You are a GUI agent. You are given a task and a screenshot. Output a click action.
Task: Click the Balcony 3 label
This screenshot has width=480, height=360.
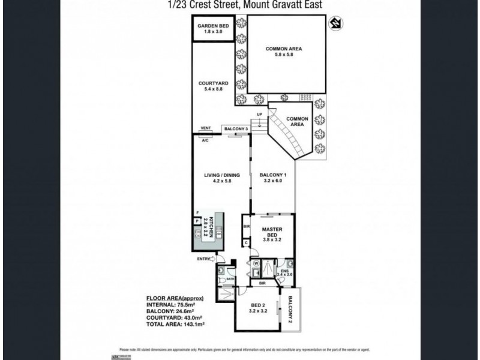[236, 128]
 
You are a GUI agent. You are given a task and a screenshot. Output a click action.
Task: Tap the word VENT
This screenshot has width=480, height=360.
[205, 128]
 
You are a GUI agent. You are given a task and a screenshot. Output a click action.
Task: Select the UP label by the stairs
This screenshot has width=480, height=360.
[260, 114]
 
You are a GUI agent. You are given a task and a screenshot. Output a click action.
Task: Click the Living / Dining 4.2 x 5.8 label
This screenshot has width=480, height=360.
[221, 178]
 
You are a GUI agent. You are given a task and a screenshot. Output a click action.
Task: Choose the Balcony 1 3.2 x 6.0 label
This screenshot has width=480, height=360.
[273, 178]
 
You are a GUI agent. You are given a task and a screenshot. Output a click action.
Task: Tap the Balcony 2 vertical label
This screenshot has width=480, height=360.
[292, 310]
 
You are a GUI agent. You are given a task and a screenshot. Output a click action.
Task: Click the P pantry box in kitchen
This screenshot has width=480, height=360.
[197, 221]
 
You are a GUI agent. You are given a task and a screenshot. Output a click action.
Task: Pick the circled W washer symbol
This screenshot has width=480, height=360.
[256, 262]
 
